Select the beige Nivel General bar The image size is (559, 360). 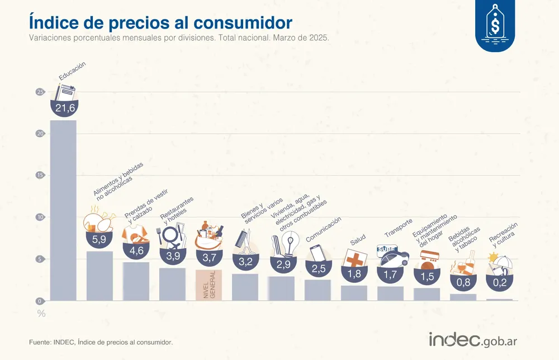[209, 285]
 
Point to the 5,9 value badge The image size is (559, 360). [99, 239]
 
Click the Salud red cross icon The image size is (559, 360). [354, 258]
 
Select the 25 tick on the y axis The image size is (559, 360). [40, 92]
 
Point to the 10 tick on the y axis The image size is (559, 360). [40, 217]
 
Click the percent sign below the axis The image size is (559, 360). [41, 314]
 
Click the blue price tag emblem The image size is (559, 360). [495, 25]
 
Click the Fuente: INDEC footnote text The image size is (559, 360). [101, 342]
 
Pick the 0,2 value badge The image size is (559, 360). [499, 283]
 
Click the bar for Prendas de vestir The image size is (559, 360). [136, 281]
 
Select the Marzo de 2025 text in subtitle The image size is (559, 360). [300, 39]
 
